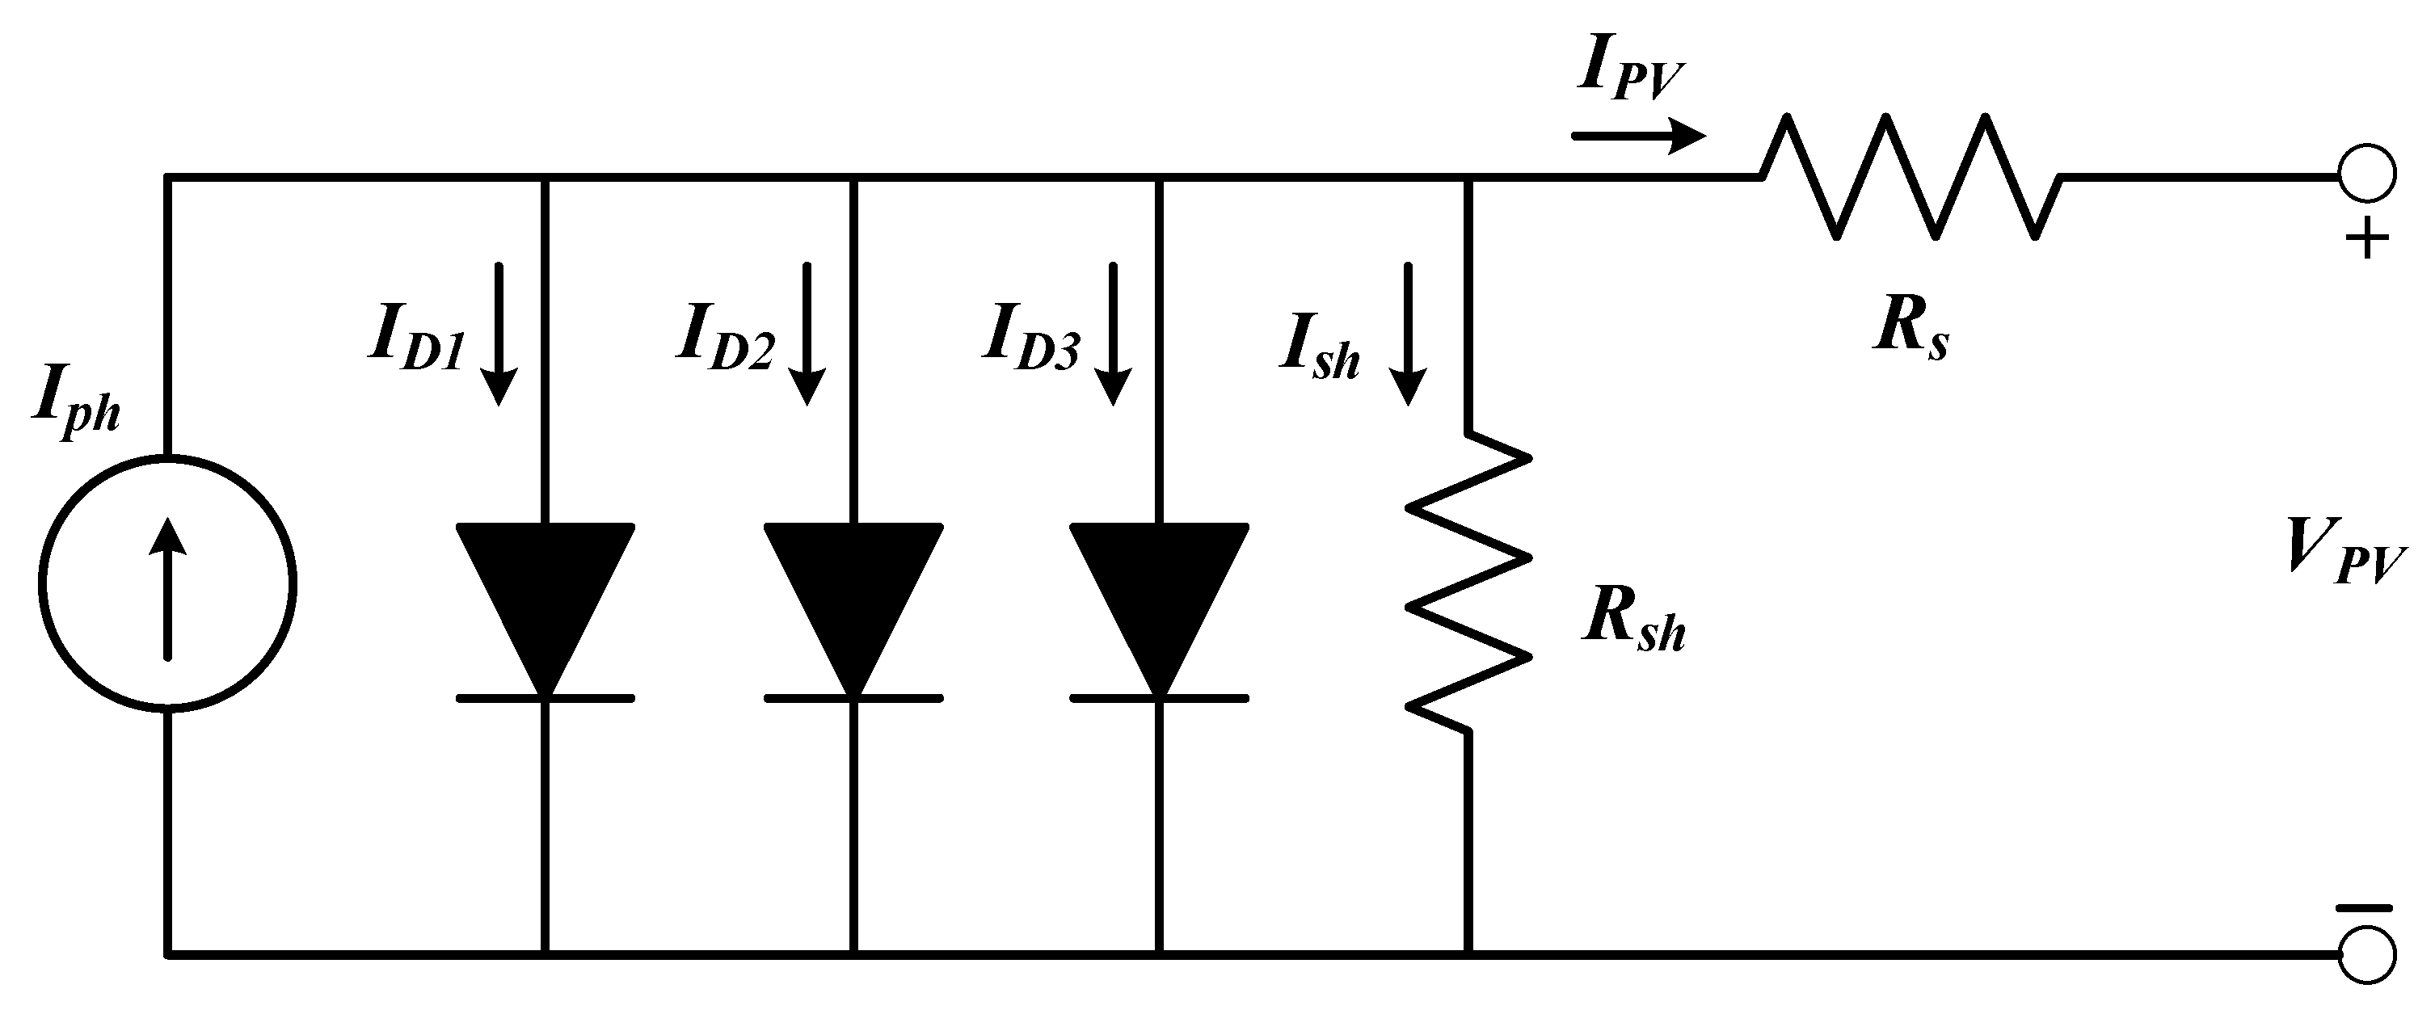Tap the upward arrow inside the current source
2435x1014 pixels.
click(168, 587)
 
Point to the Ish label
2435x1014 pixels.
click(1320, 350)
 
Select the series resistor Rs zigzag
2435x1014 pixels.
click(1910, 177)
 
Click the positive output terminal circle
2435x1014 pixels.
click(2367, 175)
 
